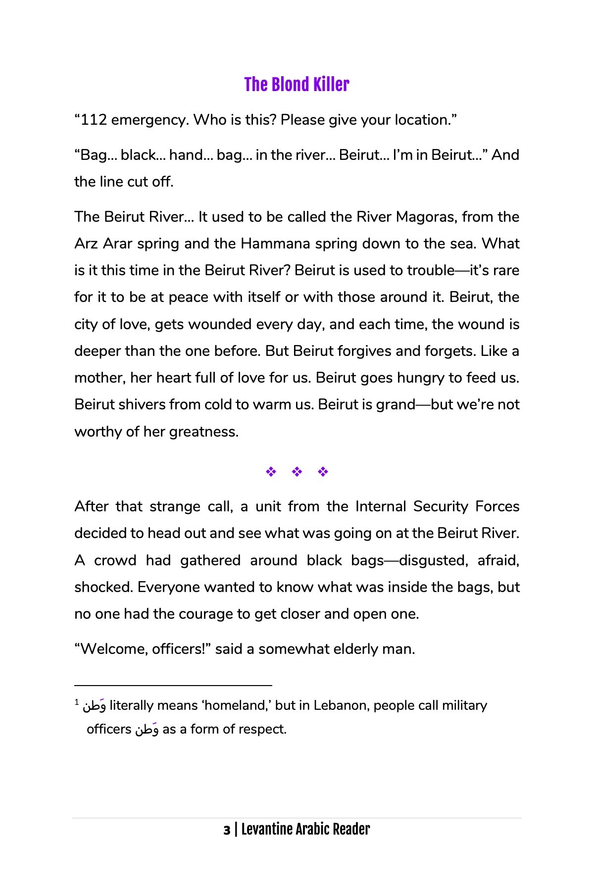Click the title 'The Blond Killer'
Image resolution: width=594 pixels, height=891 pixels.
point(297,85)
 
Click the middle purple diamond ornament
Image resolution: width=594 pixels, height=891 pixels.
point(297,472)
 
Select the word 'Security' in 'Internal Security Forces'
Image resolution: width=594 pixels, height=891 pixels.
point(441,506)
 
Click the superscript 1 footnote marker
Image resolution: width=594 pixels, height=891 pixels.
point(77,702)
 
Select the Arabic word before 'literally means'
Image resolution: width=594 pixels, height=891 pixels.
point(94,705)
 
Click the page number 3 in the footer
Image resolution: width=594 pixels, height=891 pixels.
point(227,830)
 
